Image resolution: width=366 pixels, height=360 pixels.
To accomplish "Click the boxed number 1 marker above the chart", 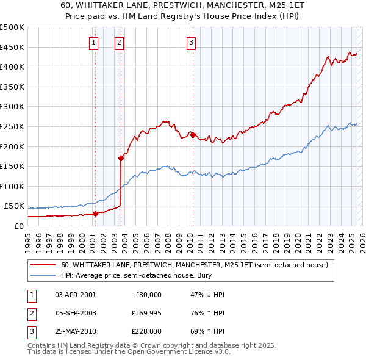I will [94, 42].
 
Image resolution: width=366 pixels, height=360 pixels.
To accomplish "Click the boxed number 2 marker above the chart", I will [118, 42].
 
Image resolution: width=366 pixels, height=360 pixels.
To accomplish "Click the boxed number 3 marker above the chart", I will [191, 42].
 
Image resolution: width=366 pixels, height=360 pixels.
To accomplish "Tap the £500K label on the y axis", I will [12, 27].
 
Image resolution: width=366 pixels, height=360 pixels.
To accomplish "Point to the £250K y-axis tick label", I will [12, 126].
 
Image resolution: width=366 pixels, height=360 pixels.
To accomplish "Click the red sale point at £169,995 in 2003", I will [121, 158].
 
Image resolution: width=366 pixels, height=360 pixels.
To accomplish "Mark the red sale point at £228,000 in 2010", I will [193, 135].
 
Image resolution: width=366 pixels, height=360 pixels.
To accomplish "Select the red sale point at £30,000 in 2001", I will [95, 214].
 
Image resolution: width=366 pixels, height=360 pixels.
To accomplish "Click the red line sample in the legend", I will [43, 265].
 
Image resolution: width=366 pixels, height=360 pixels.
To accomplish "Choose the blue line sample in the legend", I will [43, 276].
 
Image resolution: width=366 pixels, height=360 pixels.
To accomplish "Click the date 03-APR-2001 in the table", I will [75, 295].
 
